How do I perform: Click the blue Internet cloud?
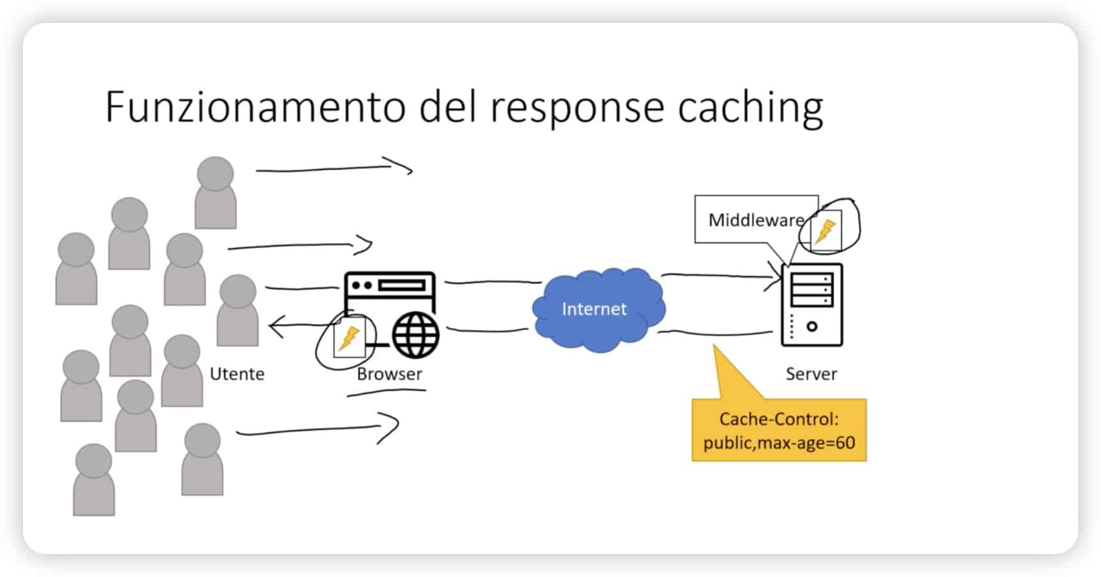point(598,309)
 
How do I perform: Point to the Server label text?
point(811,374)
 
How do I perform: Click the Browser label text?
point(389,374)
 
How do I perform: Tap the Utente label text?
point(237,374)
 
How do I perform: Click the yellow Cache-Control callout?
point(779,431)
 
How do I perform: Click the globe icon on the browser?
point(416,335)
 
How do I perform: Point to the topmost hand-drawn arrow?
point(332,168)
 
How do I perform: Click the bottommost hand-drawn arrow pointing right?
point(316,429)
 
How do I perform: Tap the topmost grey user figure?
point(215,192)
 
